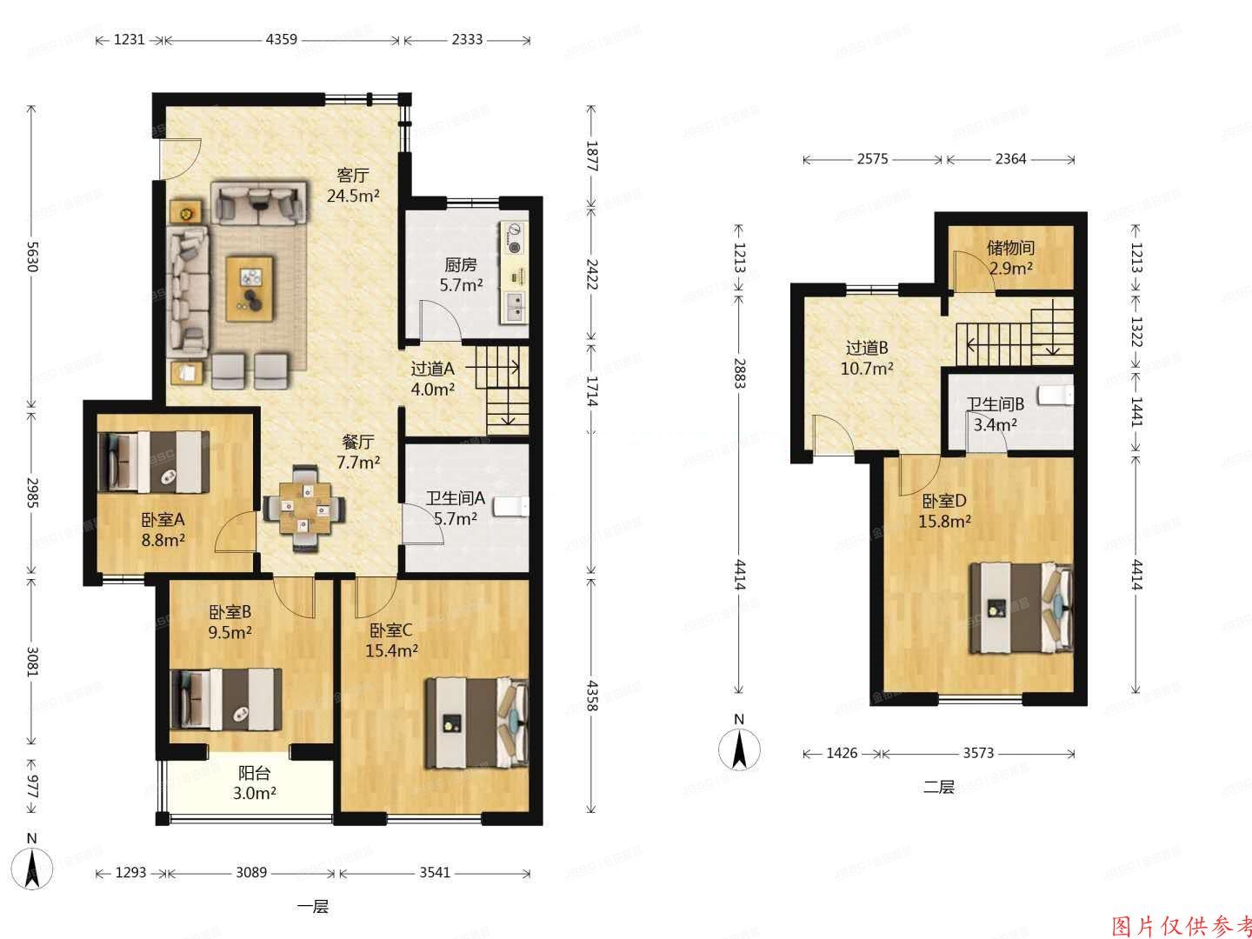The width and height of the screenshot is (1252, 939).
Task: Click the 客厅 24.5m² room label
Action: pos(352,185)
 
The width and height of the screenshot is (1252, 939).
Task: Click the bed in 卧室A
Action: pos(149,461)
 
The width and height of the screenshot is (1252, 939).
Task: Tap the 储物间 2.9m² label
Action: pos(1010,257)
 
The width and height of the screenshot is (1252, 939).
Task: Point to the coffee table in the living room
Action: pos(250,288)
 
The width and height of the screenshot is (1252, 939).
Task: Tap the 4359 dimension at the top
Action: pos(282,40)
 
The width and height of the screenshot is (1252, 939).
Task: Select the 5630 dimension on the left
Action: pos(33,256)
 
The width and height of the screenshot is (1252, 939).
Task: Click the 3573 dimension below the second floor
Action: pos(979,753)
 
